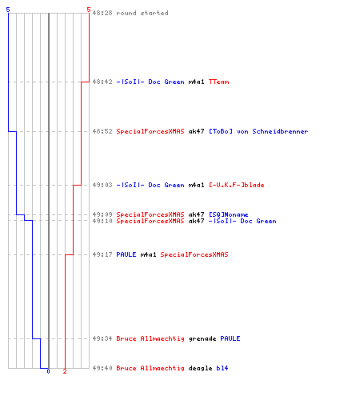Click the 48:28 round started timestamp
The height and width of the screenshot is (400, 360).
click(102, 13)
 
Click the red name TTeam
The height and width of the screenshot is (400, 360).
click(218, 82)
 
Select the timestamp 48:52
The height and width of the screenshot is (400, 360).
click(102, 131)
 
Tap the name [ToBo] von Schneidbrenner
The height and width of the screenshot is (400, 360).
click(258, 131)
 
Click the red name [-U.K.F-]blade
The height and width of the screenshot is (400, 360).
click(237, 185)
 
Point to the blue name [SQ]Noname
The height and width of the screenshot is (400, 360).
click(229, 214)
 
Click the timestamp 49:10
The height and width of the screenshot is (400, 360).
click(102, 221)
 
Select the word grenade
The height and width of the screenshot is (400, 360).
click(202, 338)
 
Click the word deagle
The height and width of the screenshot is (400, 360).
click(200, 368)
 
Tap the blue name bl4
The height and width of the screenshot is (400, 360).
click(222, 368)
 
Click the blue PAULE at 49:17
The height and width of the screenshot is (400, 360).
click(126, 254)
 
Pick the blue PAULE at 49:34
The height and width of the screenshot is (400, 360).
click(230, 338)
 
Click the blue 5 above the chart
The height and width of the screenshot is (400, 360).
click(8, 10)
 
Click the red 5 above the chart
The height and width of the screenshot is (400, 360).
click(89, 10)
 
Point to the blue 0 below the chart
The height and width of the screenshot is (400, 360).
click(48, 371)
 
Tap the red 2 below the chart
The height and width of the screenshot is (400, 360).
click(65, 371)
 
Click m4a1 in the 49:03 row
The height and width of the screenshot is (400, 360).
click(196, 185)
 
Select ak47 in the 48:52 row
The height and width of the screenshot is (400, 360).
click(196, 131)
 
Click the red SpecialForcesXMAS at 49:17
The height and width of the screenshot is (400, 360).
click(194, 254)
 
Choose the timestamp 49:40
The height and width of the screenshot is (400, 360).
click(102, 368)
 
